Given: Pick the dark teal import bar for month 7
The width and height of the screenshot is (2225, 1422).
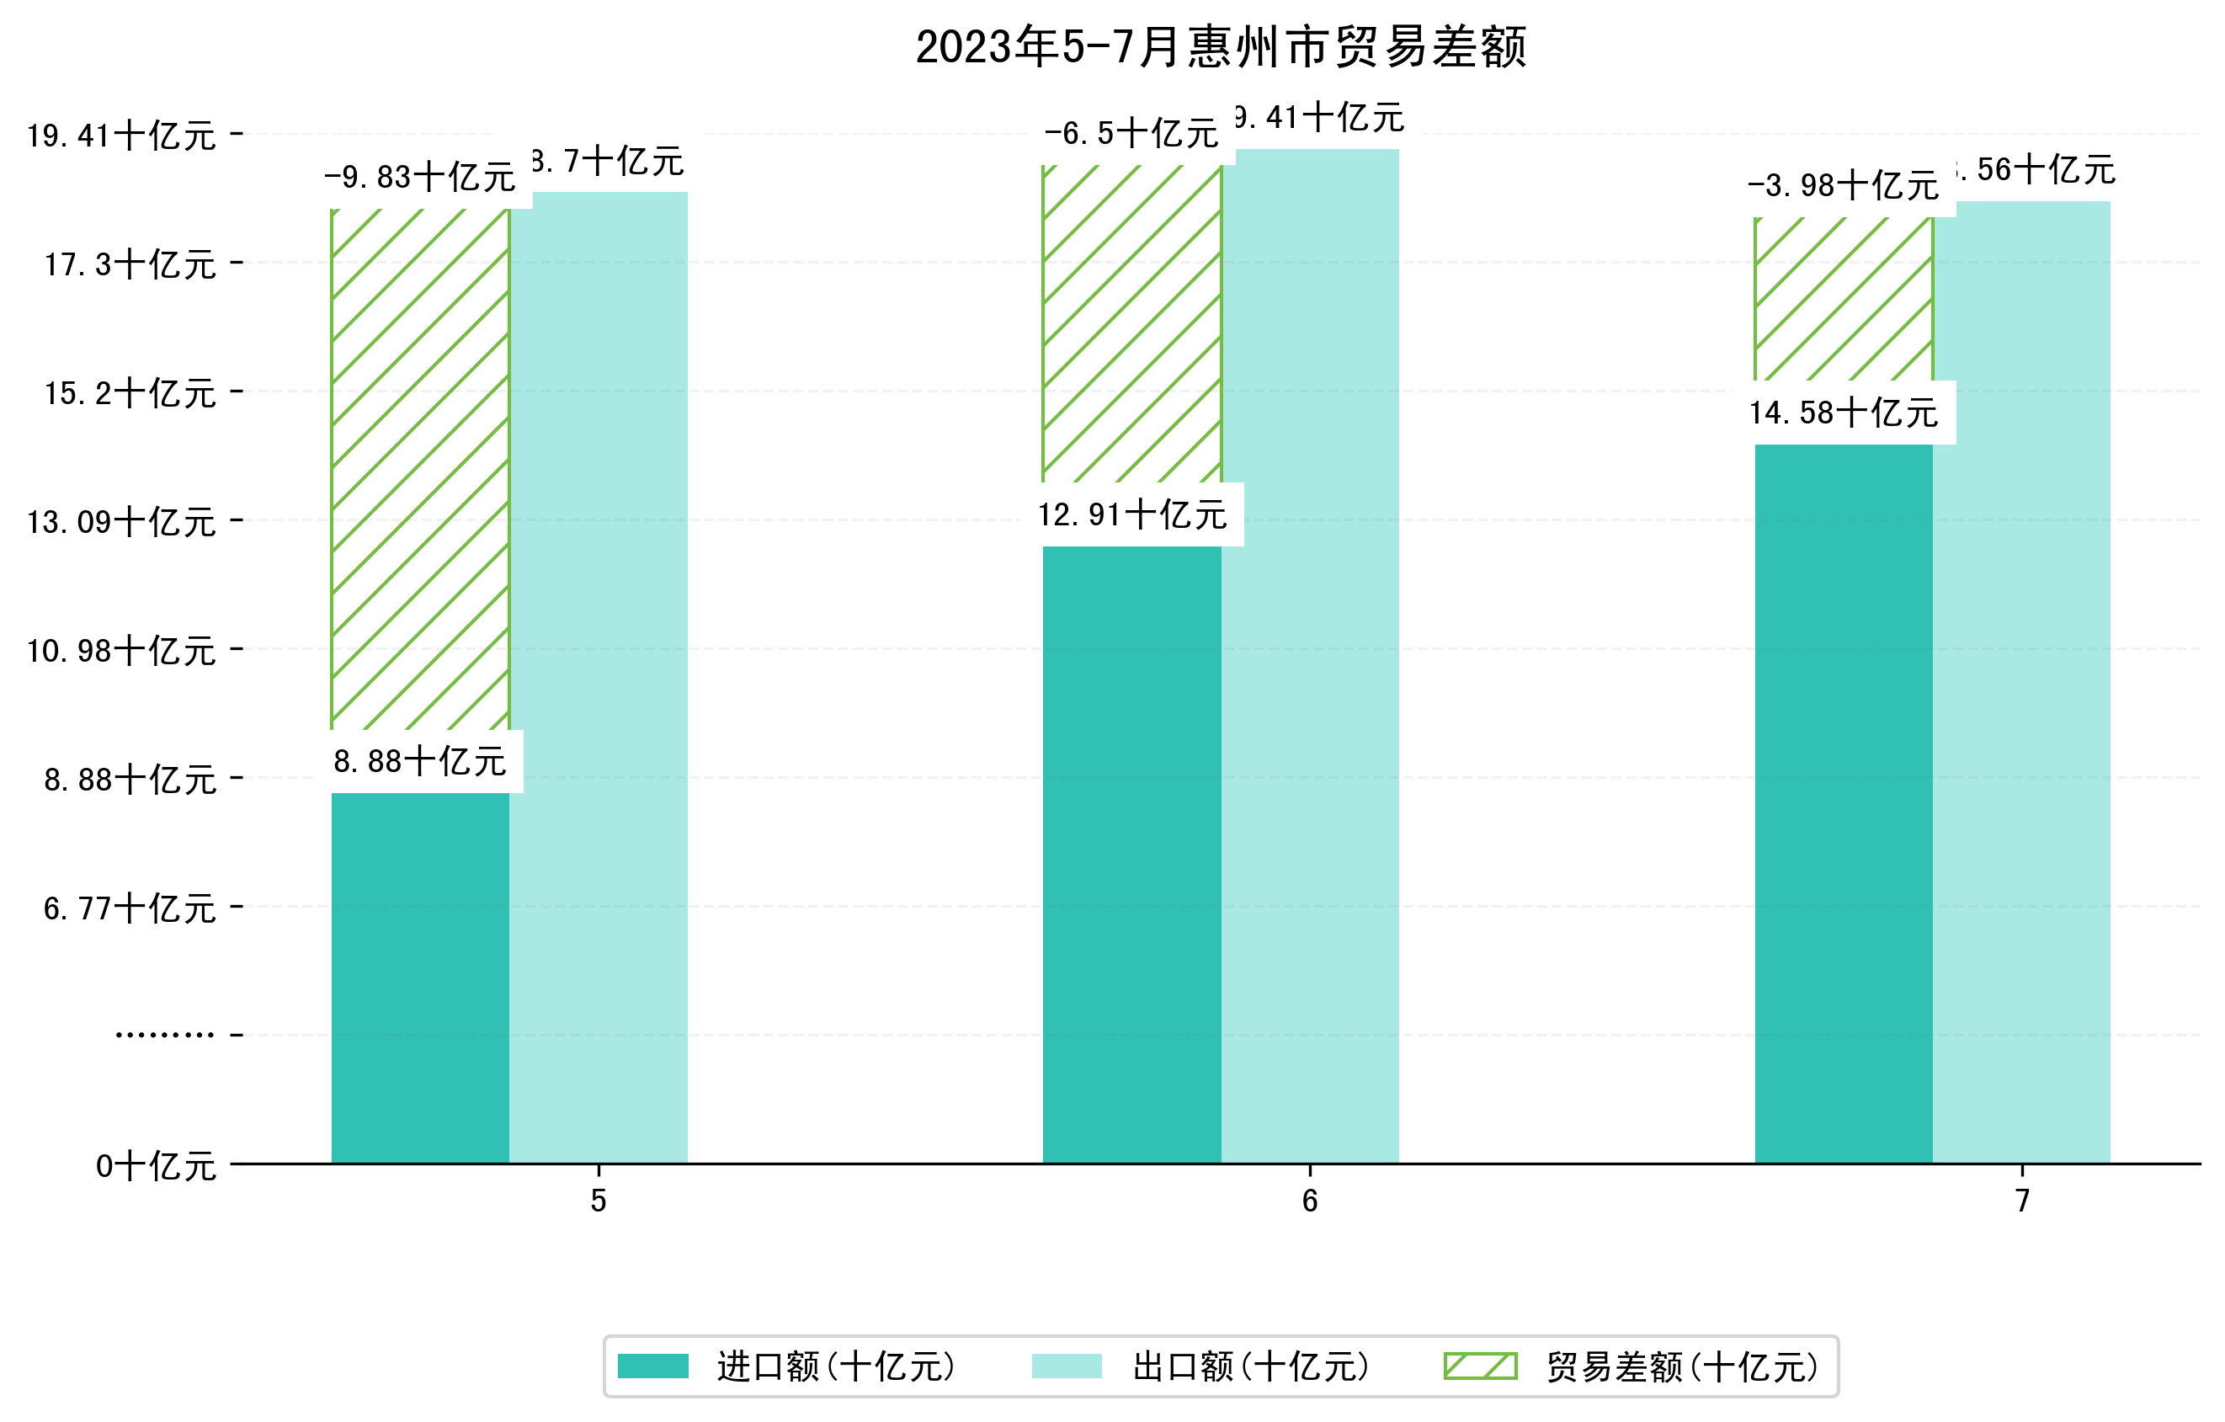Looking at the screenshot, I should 1843,804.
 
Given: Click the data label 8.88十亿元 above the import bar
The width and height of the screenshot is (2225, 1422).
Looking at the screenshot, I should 419,761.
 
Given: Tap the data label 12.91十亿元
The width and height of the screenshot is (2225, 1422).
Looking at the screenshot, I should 1132,514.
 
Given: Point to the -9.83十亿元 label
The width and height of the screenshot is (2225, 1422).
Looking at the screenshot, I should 419,177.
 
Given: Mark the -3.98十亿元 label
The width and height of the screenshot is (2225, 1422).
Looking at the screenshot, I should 1843,186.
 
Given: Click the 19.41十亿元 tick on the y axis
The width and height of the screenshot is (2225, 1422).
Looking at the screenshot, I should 121,136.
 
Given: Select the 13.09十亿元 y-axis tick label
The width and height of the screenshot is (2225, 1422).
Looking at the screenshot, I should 121,522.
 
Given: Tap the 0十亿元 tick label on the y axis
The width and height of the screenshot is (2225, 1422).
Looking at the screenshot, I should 155,1166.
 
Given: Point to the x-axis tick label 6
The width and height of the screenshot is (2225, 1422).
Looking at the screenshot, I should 1309,1201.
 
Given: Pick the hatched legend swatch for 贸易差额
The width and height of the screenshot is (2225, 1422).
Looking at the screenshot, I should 1480,1366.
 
